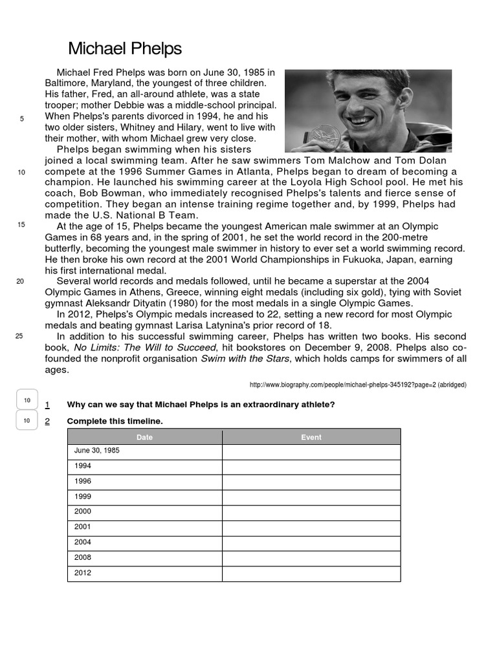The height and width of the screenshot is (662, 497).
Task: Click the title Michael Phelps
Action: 125,48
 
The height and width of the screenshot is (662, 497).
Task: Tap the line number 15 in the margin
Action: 21,224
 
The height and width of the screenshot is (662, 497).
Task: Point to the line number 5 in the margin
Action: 22,119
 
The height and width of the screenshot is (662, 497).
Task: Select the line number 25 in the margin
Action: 19,336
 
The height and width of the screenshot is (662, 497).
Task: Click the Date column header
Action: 144,437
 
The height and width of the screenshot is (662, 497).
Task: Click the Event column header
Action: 311,437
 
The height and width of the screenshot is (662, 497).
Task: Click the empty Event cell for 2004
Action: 311,542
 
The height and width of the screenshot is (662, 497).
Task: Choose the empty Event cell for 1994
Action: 311,465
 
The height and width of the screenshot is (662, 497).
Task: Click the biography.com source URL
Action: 358,385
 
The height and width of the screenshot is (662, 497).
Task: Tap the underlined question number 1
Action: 47,405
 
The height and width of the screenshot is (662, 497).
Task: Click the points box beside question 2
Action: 27,421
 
